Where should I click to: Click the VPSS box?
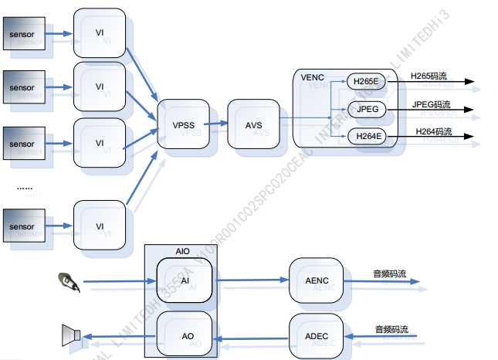click(183, 124)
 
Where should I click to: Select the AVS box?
click(253, 124)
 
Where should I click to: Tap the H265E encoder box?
click(365, 82)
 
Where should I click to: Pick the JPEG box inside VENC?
click(365, 109)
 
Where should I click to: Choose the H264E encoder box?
click(365, 137)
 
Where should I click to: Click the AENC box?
click(316, 280)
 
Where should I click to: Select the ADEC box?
click(316, 336)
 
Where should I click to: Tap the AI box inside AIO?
click(185, 280)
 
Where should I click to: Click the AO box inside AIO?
click(185, 336)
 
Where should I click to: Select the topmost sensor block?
click(23, 34)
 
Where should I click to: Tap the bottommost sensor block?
click(23, 226)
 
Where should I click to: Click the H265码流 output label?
click(429, 76)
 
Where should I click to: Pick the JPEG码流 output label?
click(432, 104)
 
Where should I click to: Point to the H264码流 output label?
click(433, 131)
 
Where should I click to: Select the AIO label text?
click(182, 252)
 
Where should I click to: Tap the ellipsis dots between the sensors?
click(24, 187)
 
